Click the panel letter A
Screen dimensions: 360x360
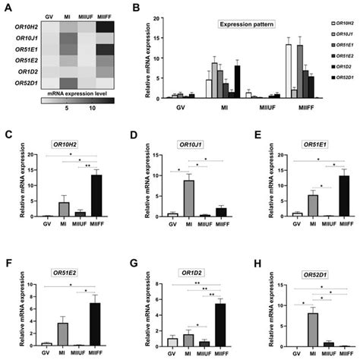[8, 8]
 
